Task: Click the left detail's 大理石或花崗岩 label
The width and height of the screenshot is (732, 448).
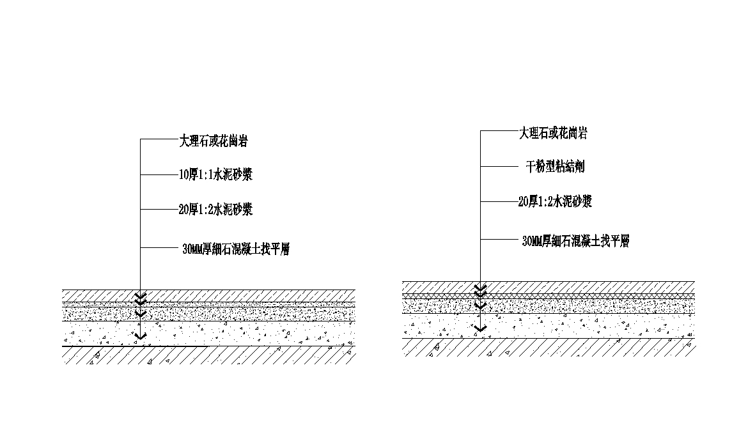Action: click(214, 141)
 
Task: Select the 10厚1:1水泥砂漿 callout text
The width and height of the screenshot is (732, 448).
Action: click(215, 174)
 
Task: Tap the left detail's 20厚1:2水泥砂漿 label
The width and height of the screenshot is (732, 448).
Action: click(215, 210)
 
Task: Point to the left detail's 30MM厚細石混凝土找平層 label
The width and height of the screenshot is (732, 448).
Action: click(236, 249)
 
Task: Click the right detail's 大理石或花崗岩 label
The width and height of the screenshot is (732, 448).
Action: click(553, 133)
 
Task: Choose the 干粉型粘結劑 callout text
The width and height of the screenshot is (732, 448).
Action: click(555, 167)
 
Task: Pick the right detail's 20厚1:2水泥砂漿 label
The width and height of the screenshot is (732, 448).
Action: click(555, 201)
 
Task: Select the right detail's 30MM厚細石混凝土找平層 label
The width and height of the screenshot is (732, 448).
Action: click(575, 242)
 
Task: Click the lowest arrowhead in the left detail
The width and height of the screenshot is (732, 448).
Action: click(141, 336)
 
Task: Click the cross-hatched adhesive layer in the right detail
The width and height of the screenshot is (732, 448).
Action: click(549, 296)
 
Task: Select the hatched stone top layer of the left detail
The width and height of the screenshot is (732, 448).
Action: click(208, 296)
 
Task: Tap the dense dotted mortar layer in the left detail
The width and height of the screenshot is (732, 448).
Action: click(208, 313)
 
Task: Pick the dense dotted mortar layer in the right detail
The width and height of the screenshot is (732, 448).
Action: click(549, 306)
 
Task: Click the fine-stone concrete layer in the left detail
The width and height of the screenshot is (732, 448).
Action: click(208, 334)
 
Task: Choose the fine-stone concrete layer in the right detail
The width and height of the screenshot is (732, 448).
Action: click(549, 326)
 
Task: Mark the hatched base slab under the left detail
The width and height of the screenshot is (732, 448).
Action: click(208, 355)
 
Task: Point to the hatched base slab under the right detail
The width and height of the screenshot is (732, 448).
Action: click(549, 348)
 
